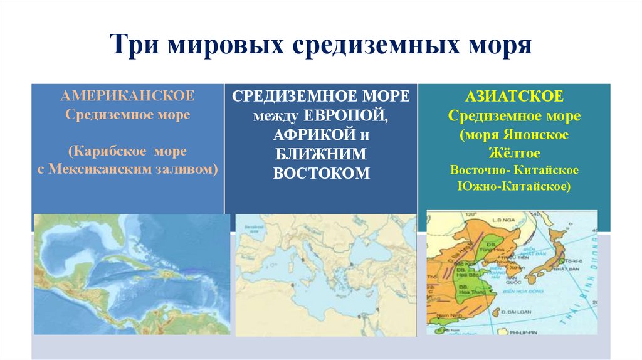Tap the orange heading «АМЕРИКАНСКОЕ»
(x=127, y=97)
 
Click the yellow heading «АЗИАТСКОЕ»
(x=514, y=97)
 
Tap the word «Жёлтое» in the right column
(x=514, y=153)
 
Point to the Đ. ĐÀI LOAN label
(x=515, y=312)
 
